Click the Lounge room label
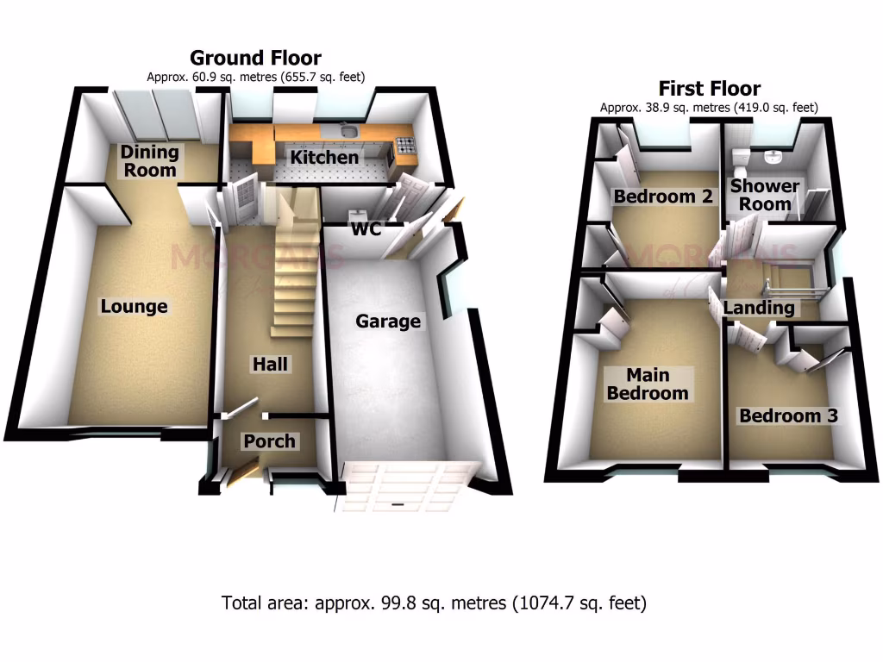[134, 307]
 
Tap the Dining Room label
[149, 161]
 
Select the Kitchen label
[323, 158]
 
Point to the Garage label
[388, 322]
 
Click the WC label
[366, 229]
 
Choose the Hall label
[270, 365]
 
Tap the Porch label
[269, 441]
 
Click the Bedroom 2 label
[663, 197]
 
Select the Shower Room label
[765, 196]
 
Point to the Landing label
[759, 308]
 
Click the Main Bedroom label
[648, 384]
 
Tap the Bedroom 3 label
[788, 415]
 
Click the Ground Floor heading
[255, 58]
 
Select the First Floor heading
[709, 88]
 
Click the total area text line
[435, 603]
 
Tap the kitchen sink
[348, 131]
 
